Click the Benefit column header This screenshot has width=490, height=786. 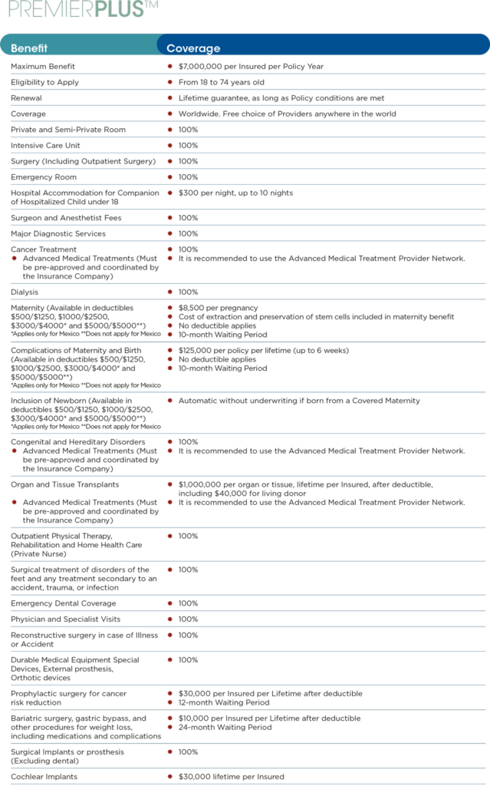29,48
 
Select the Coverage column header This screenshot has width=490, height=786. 193,48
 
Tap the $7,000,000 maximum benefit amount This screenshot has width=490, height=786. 251,67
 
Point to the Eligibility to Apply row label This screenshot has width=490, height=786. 44,82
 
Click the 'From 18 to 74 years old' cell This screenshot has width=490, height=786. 221,82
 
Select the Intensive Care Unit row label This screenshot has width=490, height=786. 45,146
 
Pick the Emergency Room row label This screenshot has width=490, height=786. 39,177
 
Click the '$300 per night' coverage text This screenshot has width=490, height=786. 235,193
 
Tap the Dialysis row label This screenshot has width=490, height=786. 24,292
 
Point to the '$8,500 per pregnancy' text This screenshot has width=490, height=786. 219,308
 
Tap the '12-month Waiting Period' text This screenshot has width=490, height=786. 224,702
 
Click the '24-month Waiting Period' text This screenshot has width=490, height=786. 225,727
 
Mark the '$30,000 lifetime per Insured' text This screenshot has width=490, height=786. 231,777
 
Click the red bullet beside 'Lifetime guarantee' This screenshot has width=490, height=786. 169,98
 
